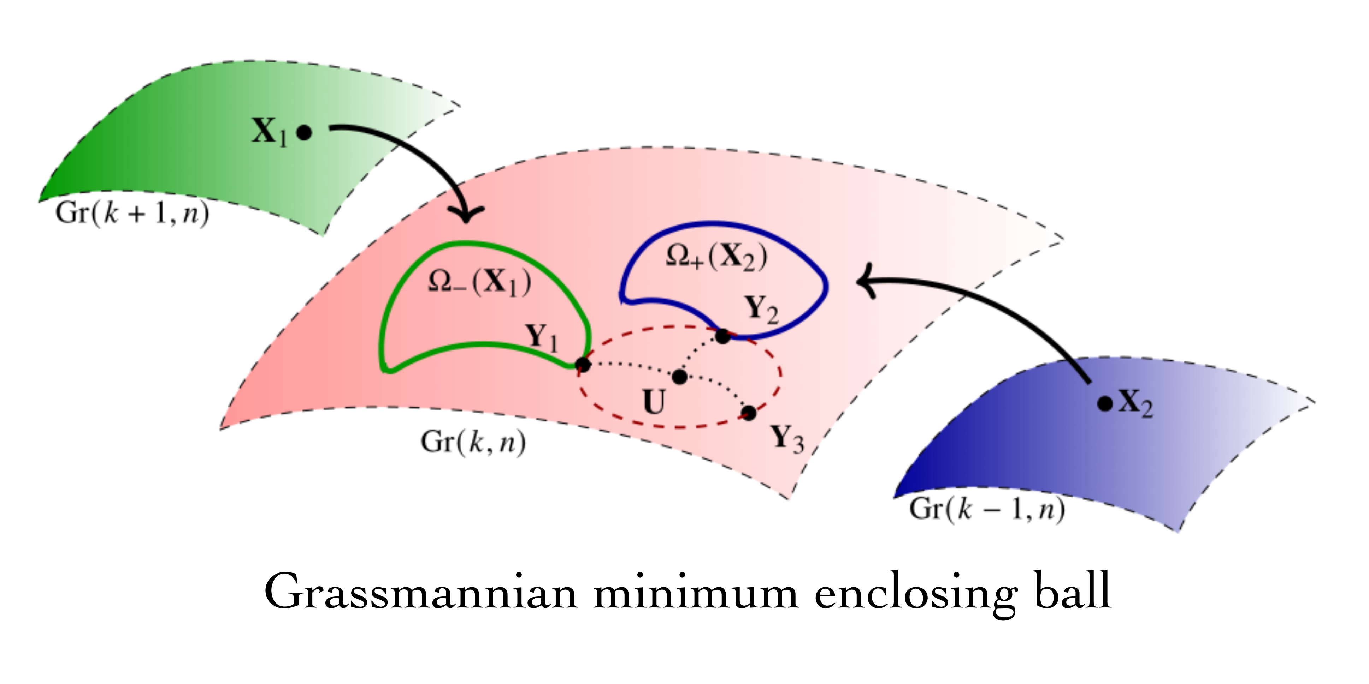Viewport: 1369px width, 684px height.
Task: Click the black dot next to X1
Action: click(x=304, y=132)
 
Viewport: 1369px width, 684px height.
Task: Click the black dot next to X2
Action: click(x=1105, y=404)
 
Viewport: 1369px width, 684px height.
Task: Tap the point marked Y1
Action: click(x=583, y=365)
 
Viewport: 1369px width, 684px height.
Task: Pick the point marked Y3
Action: click(x=749, y=413)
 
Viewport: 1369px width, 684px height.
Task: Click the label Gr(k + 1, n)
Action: click(x=132, y=214)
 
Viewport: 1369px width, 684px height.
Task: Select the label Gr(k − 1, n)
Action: click(x=987, y=509)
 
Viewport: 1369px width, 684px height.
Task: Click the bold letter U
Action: click(x=654, y=402)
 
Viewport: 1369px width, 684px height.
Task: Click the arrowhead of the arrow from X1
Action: click(x=466, y=217)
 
